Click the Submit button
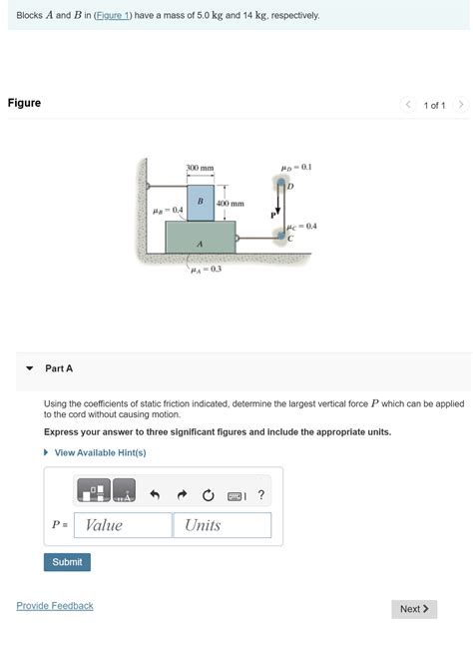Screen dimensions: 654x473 [x=67, y=562]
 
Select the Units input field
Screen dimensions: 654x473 [x=222, y=525]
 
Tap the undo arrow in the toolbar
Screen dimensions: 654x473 [x=155, y=493]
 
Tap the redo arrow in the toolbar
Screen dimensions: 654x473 [x=182, y=493]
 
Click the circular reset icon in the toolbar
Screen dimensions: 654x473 [x=208, y=493]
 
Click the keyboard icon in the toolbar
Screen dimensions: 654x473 [x=235, y=493]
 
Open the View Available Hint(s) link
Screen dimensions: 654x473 [x=100, y=452]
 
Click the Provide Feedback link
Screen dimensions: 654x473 [x=55, y=606]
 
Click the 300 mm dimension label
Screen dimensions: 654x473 [x=200, y=168]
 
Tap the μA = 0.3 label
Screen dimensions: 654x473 [x=207, y=269]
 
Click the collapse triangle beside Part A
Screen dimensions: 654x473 [x=30, y=368]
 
